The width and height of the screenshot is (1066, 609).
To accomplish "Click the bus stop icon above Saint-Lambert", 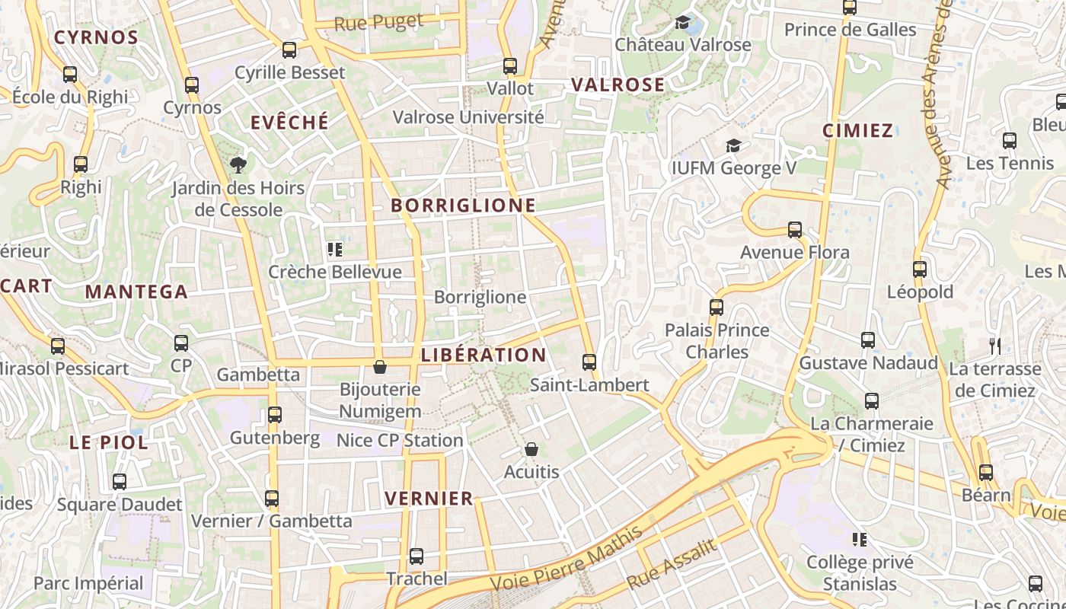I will tap(589, 362).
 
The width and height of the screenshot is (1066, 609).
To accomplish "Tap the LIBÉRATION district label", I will tap(484, 356).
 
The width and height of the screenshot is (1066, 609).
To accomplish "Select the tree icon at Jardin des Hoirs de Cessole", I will tap(238, 164).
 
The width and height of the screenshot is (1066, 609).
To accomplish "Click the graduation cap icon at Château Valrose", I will tap(682, 23).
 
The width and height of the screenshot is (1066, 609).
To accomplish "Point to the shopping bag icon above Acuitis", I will tap(531, 450).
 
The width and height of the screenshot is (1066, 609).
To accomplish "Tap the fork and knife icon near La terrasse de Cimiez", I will tap(994, 346).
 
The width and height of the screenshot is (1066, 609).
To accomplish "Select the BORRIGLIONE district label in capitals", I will tap(463, 206).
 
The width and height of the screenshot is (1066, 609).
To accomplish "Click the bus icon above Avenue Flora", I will tap(795, 230).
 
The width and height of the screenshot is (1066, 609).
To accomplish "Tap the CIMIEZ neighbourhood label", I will tap(857, 131).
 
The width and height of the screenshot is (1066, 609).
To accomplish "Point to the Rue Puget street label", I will tap(378, 23).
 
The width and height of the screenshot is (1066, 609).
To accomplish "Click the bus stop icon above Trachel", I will tap(416, 556).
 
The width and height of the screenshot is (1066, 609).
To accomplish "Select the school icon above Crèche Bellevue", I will tap(334, 250).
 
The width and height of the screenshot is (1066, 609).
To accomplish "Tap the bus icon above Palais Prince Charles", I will tap(716, 308).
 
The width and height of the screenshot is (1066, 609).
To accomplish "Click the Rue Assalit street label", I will tap(672, 564).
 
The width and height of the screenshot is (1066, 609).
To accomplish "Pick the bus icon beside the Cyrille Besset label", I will tap(289, 50).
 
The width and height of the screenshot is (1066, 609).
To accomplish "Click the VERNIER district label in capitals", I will tap(429, 499).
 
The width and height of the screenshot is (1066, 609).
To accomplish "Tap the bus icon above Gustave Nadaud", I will tap(868, 340).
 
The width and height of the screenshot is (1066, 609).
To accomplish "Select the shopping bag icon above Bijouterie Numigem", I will tap(379, 368).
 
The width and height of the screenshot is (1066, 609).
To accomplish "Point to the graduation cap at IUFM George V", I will tap(732, 145).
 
